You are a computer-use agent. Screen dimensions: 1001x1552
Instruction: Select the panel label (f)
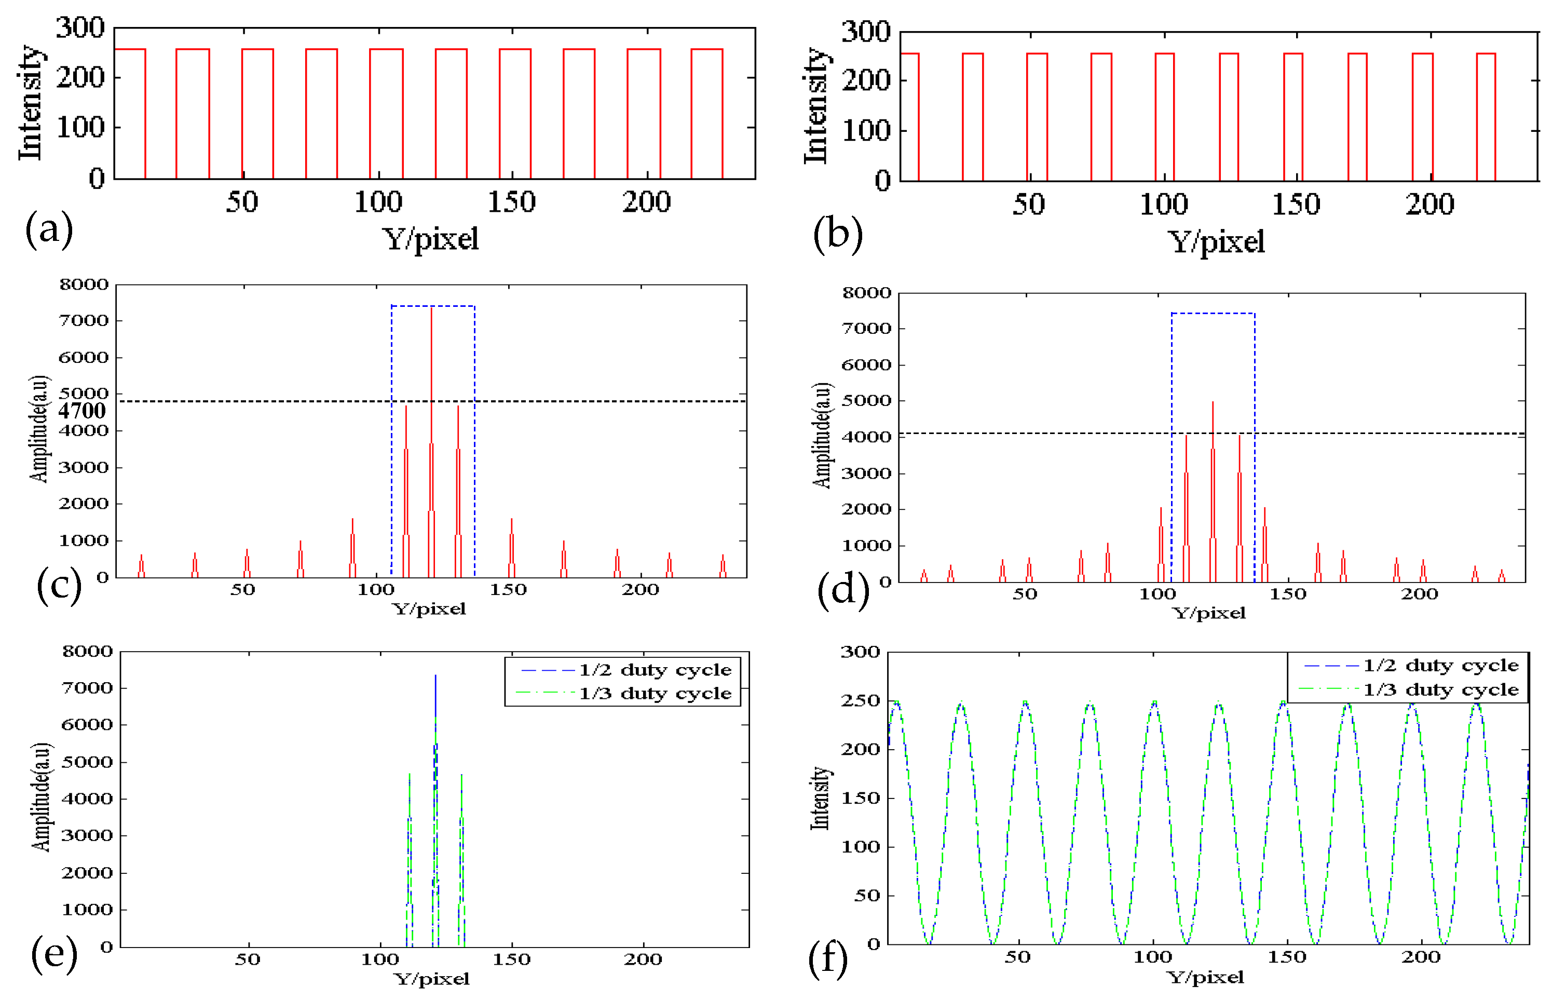coord(827,959)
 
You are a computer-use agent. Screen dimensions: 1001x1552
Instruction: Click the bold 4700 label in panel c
coord(82,411)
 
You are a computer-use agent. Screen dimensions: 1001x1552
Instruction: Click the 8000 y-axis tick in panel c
coord(84,285)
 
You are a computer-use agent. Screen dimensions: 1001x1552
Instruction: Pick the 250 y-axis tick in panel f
coord(861,701)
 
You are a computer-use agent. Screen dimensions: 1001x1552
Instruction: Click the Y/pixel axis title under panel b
coord(1216,242)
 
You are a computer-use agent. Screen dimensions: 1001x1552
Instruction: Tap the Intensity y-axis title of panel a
coord(30,103)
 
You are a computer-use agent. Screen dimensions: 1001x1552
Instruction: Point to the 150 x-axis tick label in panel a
coord(511,202)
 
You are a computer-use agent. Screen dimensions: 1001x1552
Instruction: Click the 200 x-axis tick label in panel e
coord(643,959)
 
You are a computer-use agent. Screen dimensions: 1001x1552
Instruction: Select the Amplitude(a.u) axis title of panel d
coord(822,435)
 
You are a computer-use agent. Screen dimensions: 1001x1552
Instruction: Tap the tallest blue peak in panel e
coord(435,678)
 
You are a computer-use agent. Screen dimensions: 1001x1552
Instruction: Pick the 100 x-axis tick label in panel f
coord(1152,957)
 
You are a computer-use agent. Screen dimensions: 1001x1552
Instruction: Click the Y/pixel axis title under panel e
coord(431,979)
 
